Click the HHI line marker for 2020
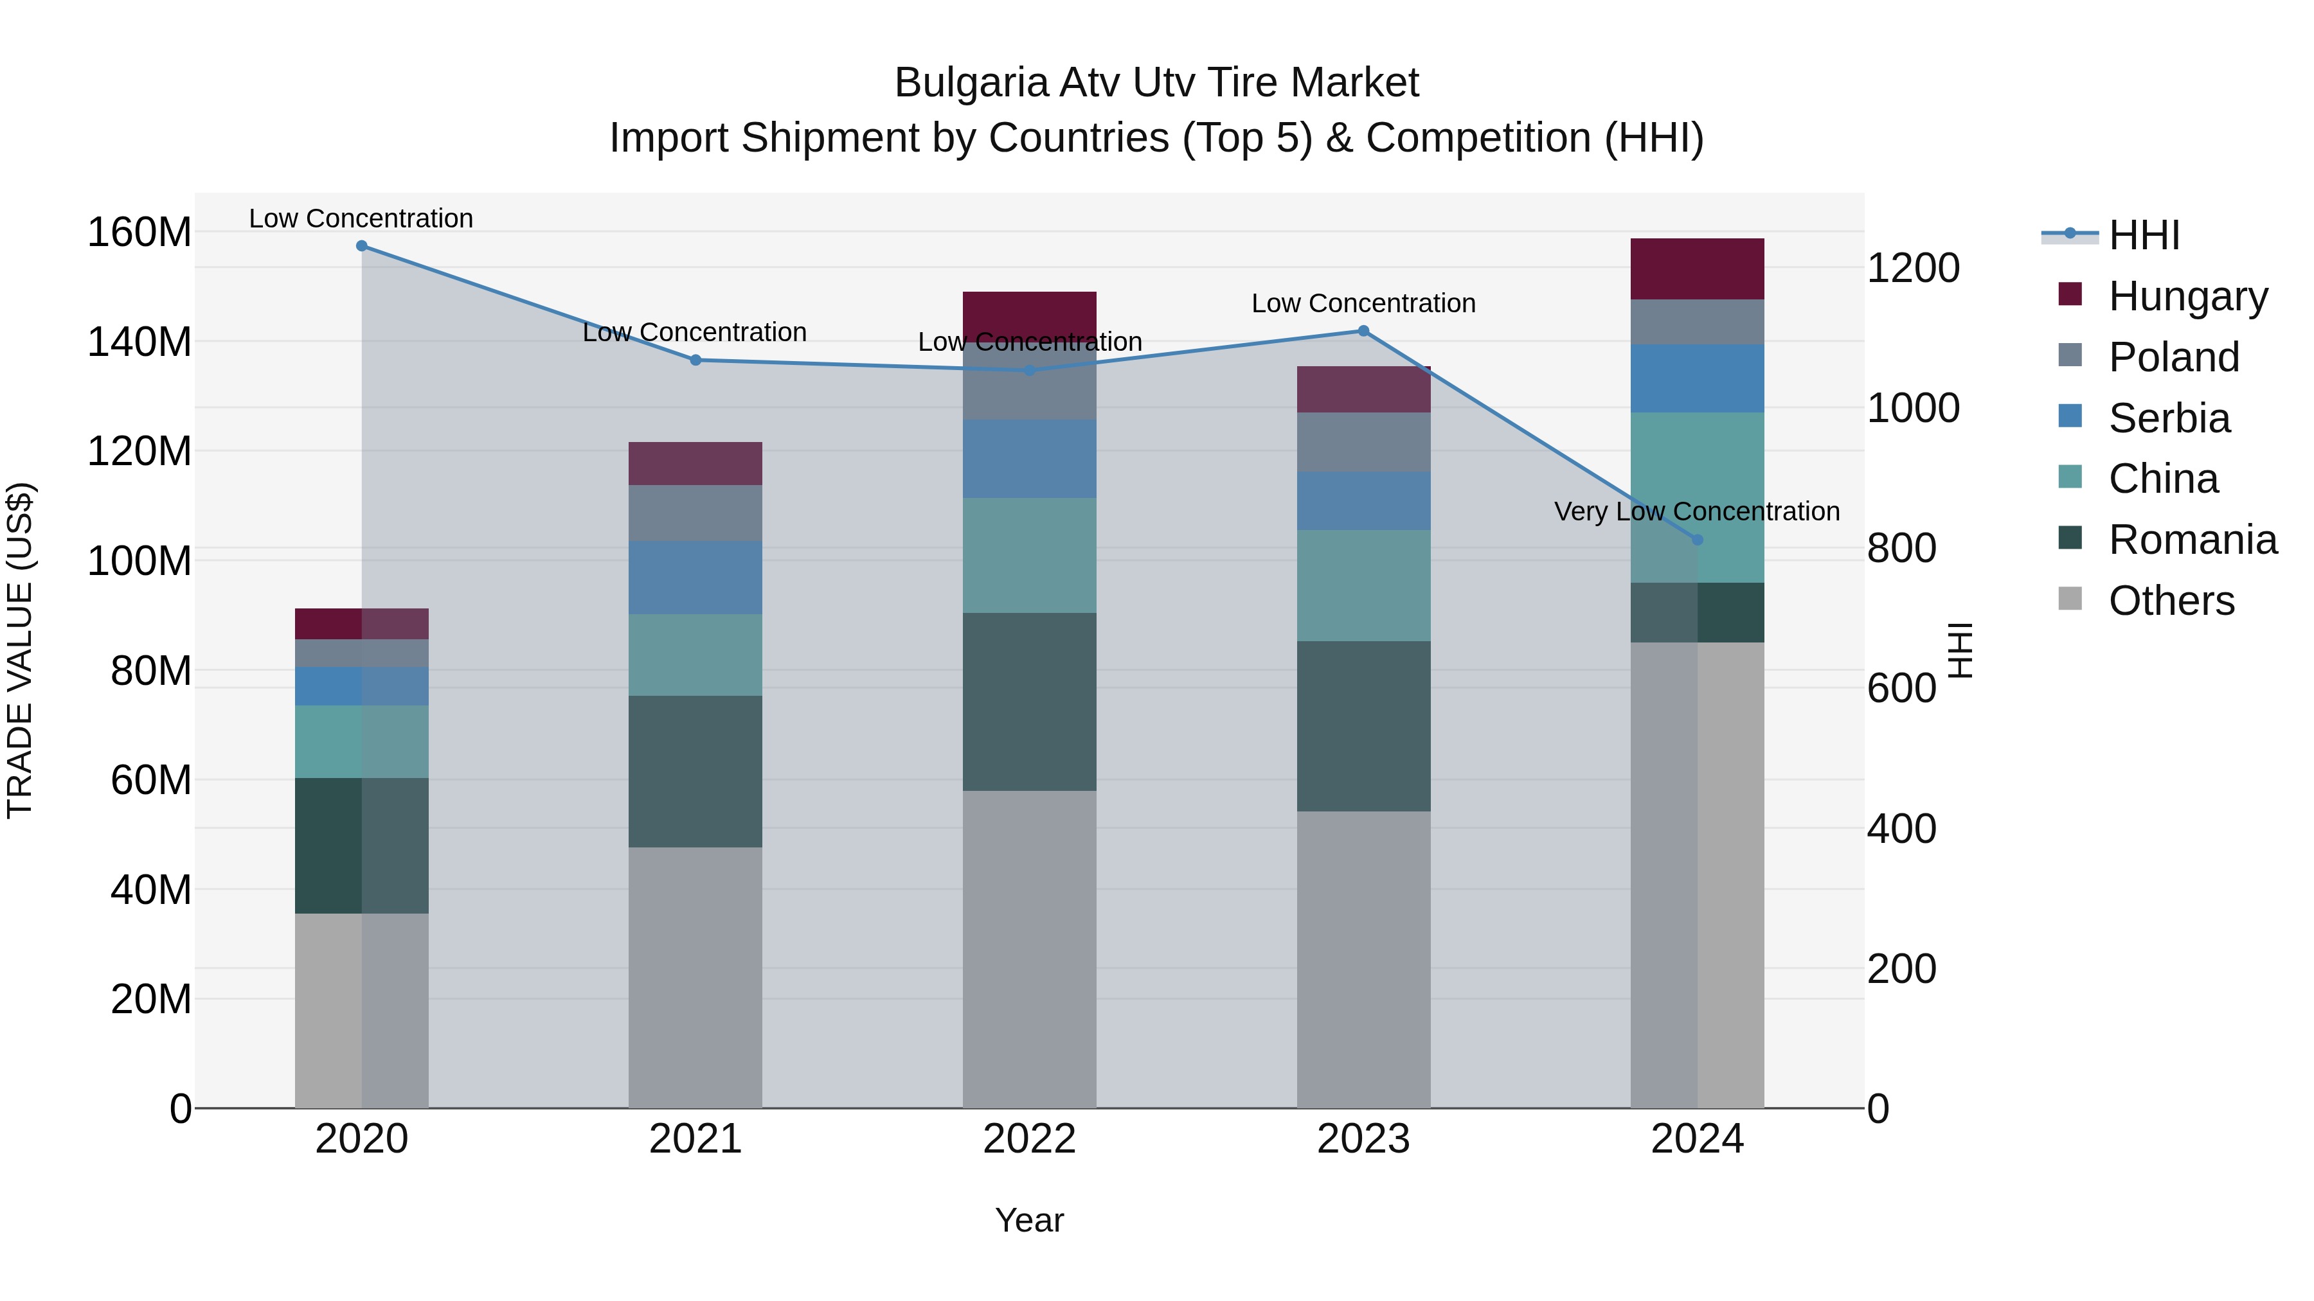362,246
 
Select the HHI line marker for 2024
1697,540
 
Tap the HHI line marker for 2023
1363,332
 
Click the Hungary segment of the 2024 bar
1697,269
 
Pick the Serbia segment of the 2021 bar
695,578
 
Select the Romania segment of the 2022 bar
1030,702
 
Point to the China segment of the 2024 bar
1697,497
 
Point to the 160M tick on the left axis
139,233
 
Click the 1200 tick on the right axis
1914,269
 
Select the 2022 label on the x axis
1030,1139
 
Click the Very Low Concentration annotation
1696,512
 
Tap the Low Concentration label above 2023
1363,303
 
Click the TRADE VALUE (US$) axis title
20,650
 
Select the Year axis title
1030,1220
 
